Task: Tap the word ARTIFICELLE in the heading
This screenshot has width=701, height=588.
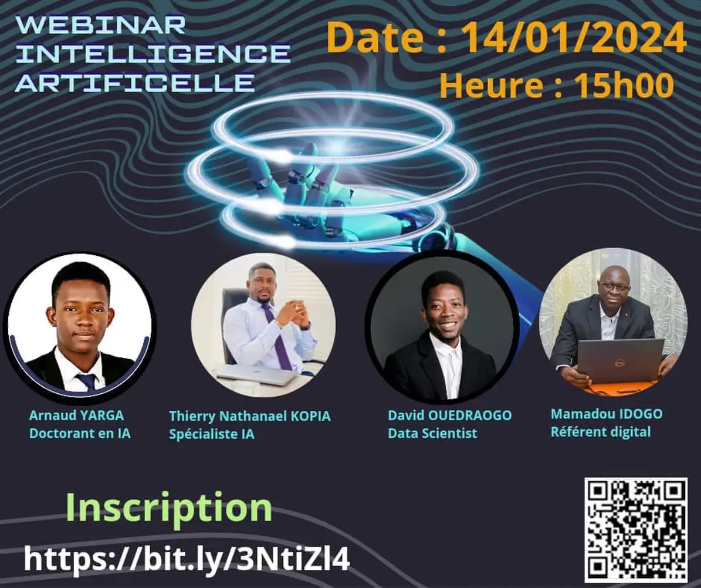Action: [135, 82]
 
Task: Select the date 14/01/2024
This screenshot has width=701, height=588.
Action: [574, 39]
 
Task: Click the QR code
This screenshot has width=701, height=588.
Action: [636, 529]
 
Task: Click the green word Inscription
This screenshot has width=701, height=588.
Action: [169, 508]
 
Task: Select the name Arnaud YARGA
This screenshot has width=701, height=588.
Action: [76, 415]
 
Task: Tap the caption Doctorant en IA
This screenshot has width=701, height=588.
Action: [80, 434]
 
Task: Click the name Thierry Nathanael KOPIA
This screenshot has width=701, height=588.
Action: [249, 416]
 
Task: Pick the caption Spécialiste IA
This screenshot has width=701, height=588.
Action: [212, 434]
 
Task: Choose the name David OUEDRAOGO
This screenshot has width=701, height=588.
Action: [449, 415]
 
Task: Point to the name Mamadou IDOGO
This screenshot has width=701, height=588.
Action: [606, 414]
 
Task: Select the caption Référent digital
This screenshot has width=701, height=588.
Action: [600, 432]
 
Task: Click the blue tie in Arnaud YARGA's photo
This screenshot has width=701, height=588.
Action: [86, 381]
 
